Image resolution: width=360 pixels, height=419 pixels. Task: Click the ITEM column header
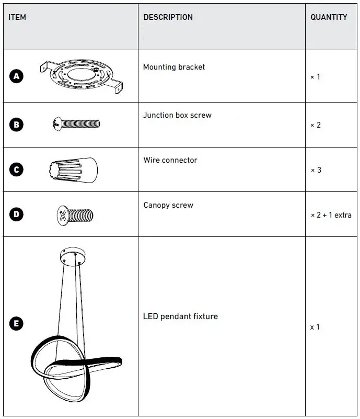17,17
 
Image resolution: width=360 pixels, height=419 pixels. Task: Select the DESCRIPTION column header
168,17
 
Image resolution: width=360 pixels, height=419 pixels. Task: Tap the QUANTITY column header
329,17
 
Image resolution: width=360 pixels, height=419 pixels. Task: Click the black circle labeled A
17,76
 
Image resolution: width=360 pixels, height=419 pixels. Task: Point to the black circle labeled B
17,124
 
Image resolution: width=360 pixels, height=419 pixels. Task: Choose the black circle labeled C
17,169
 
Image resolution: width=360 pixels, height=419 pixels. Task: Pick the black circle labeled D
17,214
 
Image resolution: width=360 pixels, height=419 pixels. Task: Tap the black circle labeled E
17,324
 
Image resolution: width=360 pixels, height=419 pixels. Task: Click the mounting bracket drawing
82,76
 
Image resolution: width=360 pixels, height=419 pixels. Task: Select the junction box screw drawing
76,124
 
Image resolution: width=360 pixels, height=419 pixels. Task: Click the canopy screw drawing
75,214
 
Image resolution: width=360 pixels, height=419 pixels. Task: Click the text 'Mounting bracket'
174,67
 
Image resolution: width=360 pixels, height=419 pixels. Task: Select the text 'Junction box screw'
177,115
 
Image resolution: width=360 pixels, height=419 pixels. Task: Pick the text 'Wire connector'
170,160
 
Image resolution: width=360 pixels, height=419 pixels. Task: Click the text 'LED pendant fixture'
180,316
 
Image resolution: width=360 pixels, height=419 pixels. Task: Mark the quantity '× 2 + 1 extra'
331,215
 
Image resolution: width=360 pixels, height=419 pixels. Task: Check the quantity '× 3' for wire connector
316,170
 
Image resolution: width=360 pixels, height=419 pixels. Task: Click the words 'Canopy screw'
168,205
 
